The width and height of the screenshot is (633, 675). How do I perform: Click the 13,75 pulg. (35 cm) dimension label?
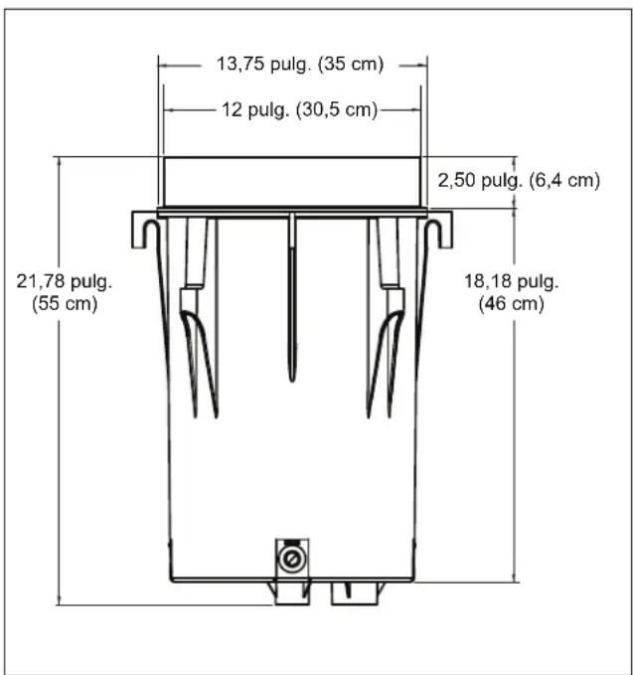coord(299,65)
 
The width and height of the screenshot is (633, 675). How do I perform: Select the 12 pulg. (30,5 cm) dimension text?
coord(299,109)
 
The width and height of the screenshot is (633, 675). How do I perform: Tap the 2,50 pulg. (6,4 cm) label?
coord(519,180)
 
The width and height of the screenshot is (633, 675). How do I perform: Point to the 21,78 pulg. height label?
coord(65,281)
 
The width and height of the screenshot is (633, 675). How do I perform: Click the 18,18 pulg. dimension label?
coord(511,281)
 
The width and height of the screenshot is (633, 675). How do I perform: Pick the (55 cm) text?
coord(65,303)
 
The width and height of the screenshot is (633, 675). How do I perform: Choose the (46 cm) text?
coord(511,303)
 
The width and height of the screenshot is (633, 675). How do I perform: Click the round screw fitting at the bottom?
coord(292,560)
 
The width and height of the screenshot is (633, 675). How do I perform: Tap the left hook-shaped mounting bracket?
coord(145,230)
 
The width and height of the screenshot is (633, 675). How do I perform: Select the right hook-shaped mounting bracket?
coord(439,230)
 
